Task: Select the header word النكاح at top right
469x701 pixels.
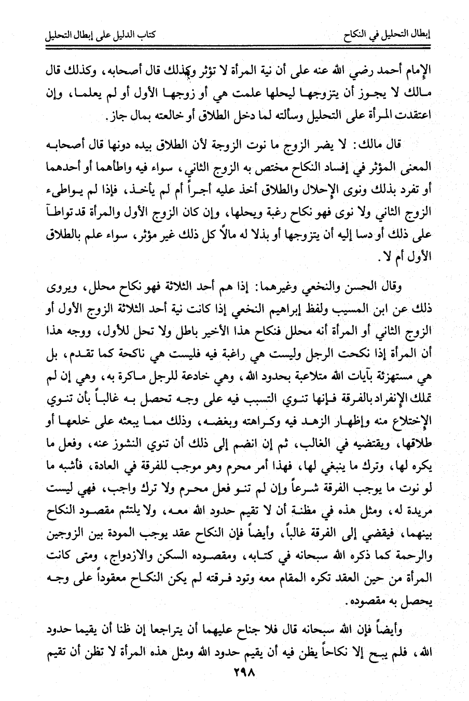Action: tap(357, 37)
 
